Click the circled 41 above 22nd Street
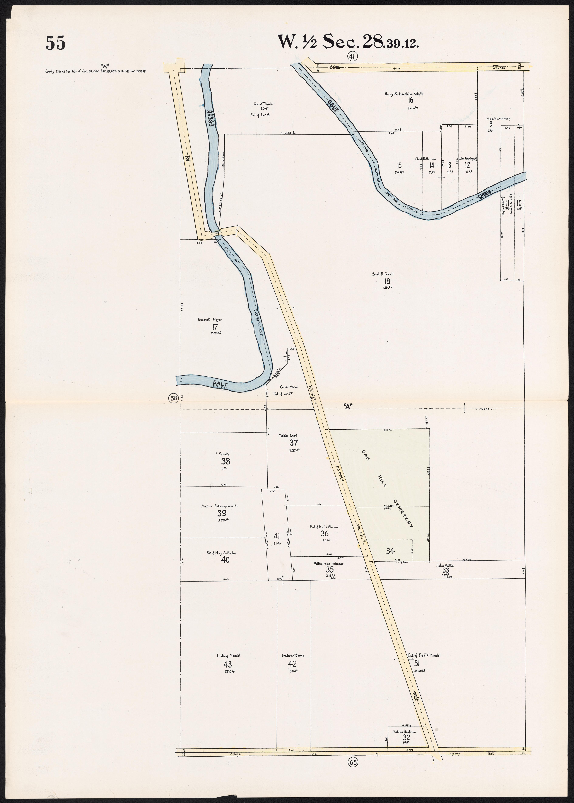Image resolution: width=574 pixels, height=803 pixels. pos(352,56)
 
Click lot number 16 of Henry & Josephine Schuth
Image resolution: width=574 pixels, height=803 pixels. pos(410,100)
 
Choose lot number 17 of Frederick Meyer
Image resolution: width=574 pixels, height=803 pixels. pos(215,327)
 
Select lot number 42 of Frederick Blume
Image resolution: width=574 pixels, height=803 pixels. pos(292,664)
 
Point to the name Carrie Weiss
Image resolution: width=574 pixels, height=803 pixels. pos(289,387)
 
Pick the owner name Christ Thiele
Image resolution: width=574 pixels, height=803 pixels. pos(263,104)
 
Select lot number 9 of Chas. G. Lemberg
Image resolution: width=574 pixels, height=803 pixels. pos(491,124)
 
